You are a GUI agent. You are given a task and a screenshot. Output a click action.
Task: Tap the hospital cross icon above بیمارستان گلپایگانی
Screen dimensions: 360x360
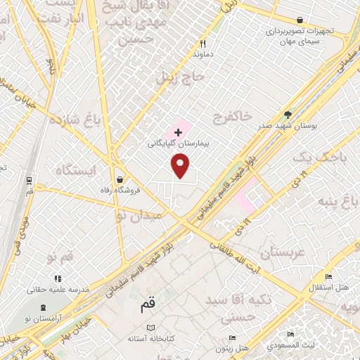pyautogui.click(x=178, y=131)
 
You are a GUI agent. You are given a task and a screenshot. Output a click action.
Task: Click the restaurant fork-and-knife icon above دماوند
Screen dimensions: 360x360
pyautogui.click(x=202, y=42)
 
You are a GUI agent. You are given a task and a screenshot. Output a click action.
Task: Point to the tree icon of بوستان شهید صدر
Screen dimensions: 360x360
pyautogui.click(x=287, y=114)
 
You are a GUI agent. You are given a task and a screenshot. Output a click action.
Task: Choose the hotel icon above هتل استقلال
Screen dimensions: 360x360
pyautogui.click(x=328, y=277)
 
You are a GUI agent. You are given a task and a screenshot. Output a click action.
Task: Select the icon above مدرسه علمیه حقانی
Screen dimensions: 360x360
pyautogui.click(x=58, y=278)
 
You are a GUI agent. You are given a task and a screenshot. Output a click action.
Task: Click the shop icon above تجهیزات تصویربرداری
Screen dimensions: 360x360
pyautogui.click(x=300, y=20)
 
